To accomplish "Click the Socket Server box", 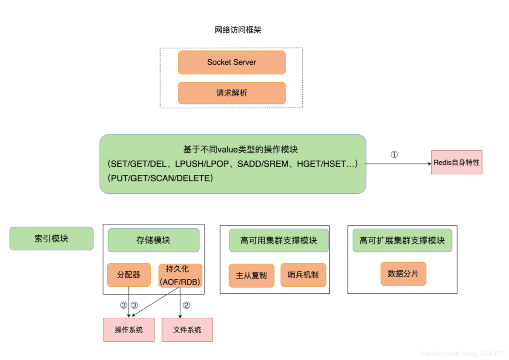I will coord(232,62).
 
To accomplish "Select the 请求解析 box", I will coord(232,93).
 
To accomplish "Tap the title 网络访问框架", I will coord(238,30).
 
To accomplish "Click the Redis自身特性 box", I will coord(456,162).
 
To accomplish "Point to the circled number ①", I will coord(394,155).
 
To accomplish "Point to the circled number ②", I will coord(186,305).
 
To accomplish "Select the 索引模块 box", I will coord(52,239).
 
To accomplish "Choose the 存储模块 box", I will coord(154,240).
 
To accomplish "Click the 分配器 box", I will coord(129,275).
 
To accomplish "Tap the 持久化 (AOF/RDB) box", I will coord(180,275).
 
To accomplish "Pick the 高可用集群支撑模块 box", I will coord(279,240).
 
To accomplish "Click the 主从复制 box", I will coord(251,275).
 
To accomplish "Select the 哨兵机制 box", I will coord(303,275).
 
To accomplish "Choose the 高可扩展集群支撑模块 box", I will coord(402,240).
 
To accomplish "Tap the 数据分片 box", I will coord(403,274).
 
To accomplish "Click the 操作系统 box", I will coord(129,330).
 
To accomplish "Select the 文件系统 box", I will coord(187,330).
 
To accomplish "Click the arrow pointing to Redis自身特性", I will coord(398,164).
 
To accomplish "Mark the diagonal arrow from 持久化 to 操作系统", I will coord(155,302).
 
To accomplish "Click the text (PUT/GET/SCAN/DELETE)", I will coord(160,178).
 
